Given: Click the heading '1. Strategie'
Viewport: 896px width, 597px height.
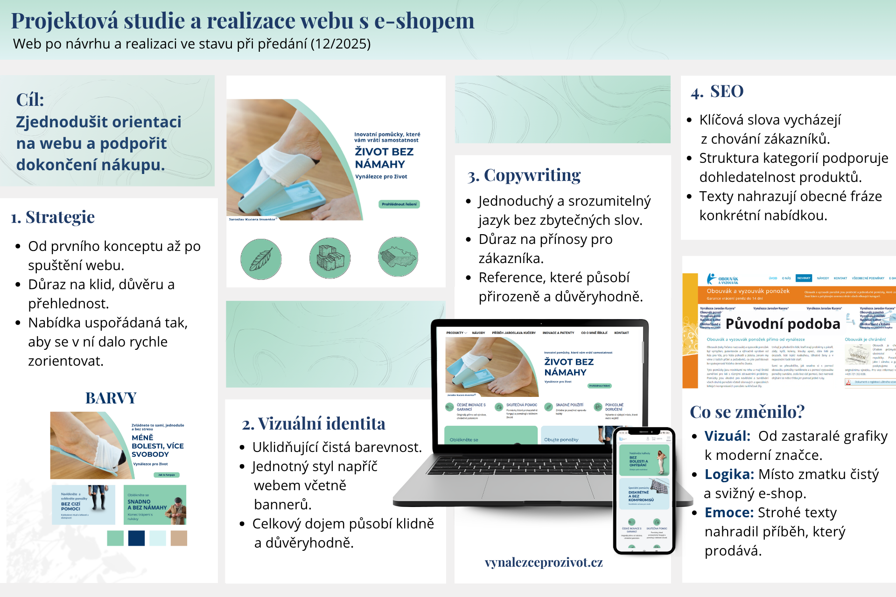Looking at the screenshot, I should tap(53, 217).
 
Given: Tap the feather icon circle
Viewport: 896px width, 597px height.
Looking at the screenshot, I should tap(261, 259).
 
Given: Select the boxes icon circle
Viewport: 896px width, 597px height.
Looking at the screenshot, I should tap(329, 258).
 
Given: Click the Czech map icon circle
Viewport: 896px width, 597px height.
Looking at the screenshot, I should tap(398, 257).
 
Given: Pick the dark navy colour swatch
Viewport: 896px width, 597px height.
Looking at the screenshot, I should tap(136, 538).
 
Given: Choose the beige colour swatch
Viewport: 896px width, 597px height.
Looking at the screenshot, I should tap(179, 538).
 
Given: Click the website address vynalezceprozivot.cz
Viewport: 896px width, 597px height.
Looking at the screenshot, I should tap(544, 562).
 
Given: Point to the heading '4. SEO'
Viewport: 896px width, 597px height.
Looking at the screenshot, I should tap(717, 91).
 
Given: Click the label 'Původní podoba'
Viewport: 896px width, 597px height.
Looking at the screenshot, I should tap(783, 324).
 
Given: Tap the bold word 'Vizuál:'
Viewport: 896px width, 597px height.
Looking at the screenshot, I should tap(727, 436).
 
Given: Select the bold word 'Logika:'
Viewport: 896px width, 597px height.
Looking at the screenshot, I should tap(729, 474).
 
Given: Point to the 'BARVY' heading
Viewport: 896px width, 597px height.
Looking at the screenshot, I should tap(111, 398).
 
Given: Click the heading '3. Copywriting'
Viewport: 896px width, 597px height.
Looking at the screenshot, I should tap(524, 175).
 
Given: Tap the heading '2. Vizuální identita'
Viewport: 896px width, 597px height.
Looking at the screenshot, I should tap(314, 423).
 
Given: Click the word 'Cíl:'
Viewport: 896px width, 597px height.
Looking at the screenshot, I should tap(30, 100).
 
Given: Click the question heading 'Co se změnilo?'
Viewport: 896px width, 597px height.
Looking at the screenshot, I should tap(747, 412).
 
